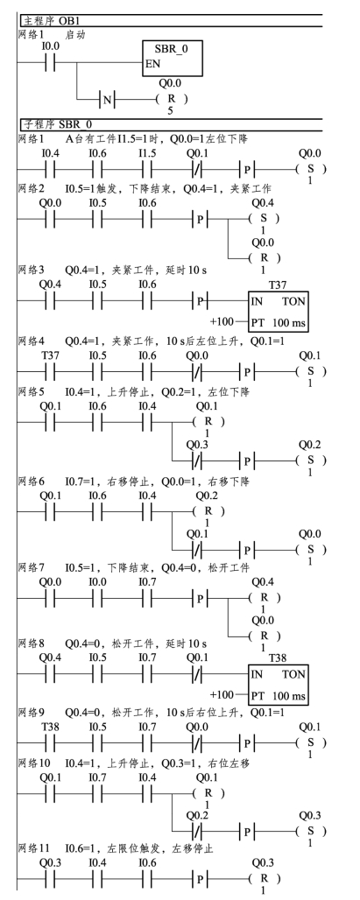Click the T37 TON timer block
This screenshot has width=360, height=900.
click(x=279, y=311)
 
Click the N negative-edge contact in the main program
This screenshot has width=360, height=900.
click(x=108, y=100)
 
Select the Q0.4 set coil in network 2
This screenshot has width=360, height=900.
click(x=264, y=219)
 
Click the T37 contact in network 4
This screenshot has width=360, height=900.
click(x=50, y=372)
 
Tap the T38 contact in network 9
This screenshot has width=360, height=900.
click(x=50, y=743)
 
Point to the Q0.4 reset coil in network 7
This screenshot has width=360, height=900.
click(x=264, y=598)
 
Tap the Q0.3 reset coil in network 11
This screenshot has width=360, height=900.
click(x=264, y=879)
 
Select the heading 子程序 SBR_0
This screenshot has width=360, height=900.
click(x=58, y=124)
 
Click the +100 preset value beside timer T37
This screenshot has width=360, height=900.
click(x=222, y=321)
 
